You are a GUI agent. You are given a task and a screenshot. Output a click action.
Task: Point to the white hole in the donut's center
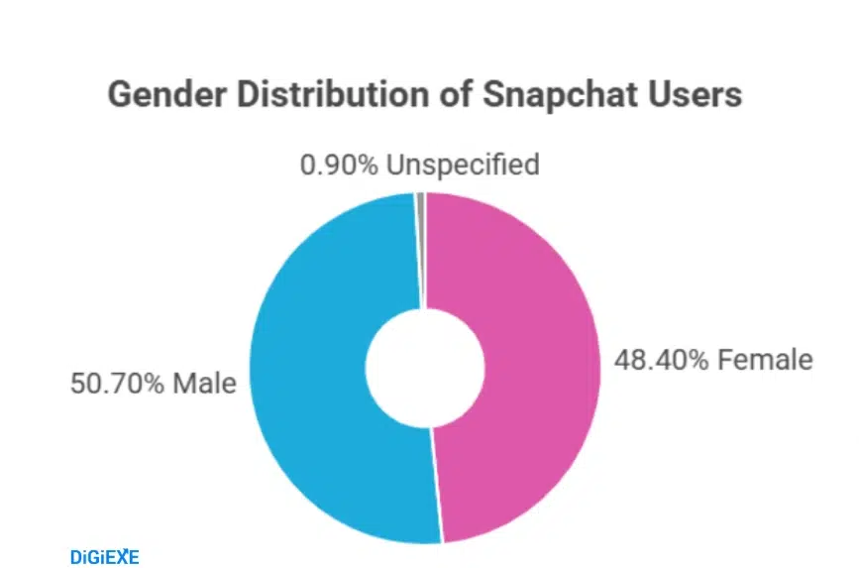[424, 368]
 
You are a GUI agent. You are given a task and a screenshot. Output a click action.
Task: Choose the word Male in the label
[205, 383]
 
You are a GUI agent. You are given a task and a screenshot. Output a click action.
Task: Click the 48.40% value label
[659, 359]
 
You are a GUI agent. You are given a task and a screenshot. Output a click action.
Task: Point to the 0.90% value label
[339, 164]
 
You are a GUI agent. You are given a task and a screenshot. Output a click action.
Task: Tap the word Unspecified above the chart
[463, 165]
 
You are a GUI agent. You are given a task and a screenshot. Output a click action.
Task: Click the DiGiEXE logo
[105, 556]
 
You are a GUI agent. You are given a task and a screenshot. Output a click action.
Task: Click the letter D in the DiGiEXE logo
[76, 556]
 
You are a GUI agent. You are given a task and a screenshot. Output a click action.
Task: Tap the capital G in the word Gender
[119, 96]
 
